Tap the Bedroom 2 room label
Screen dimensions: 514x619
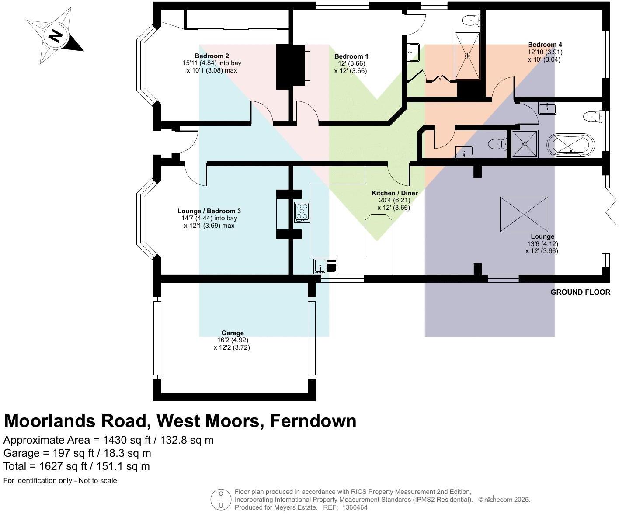[x=212, y=56]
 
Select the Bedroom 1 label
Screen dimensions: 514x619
[x=351, y=56]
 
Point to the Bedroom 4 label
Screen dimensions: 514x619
[x=545, y=45]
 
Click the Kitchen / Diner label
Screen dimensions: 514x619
[x=394, y=193]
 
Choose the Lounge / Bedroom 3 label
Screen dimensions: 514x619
[x=209, y=211]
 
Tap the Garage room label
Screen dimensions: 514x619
[x=232, y=333]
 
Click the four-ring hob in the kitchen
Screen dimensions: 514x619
[x=302, y=212]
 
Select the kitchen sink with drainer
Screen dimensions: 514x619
[x=325, y=266]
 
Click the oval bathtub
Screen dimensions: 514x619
[x=571, y=145]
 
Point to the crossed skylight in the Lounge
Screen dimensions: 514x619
[x=524, y=214]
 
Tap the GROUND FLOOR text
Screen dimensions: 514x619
[x=580, y=292]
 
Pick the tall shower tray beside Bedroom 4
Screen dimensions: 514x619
[x=467, y=56]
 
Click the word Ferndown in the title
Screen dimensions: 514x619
[x=313, y=421]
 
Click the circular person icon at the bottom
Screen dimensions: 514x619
[x=221, y=499]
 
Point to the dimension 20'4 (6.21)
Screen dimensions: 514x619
[x=394, y=201]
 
